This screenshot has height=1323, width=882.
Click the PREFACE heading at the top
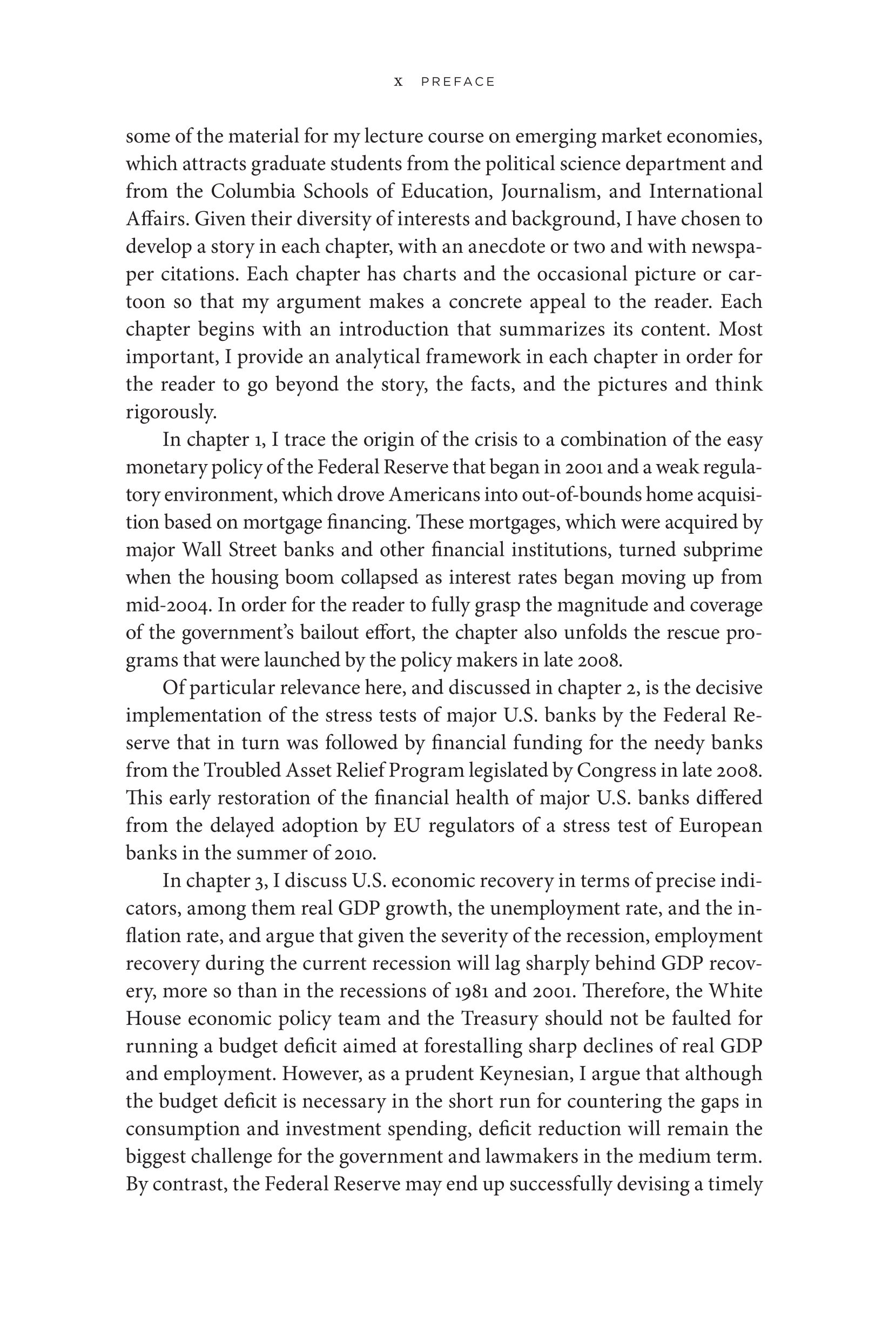tap(458, 82)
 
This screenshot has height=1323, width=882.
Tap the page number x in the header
tap(398, 82)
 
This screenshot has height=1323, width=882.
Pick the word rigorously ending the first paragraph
tap(171, 412)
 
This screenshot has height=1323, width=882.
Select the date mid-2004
tap(168, 605)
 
